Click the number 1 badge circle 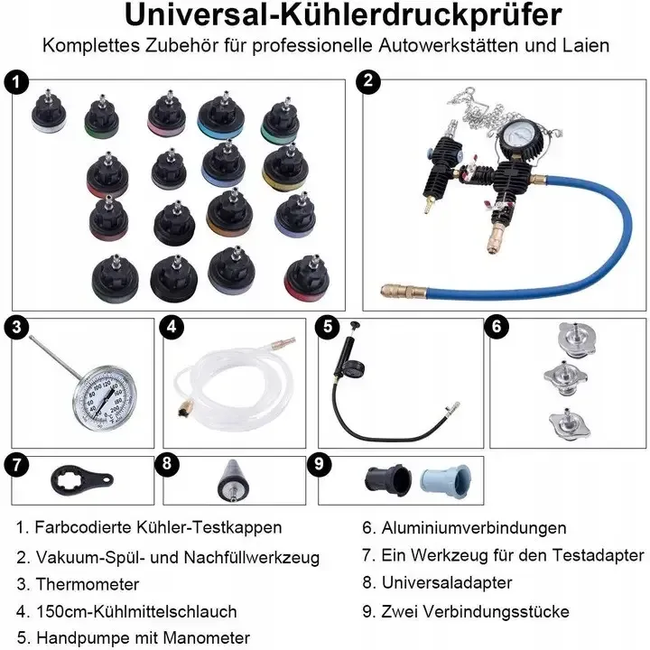[16, 82]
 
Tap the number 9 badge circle [320, 463]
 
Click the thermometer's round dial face [105, 398]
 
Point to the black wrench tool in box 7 [81, 481]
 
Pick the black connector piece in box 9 [388, 480]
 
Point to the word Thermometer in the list [88, 584]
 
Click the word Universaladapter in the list [447, 582]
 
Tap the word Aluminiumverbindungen [474, 528]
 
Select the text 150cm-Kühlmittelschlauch [136, 611]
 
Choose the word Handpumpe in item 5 [83, 637]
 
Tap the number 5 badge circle [328, 327]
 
